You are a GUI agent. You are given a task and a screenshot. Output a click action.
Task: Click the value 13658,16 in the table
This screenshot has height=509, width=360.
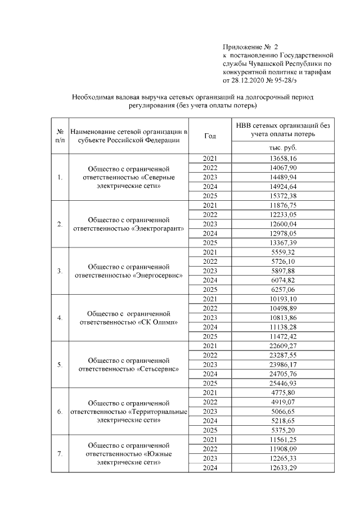[283, 159]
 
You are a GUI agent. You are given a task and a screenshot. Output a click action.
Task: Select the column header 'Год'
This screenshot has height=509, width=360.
[210, 136]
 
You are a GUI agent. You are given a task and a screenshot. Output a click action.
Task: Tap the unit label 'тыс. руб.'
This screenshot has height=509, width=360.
[283, 147]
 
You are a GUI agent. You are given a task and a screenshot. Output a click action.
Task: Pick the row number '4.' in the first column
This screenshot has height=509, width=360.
[60, 318]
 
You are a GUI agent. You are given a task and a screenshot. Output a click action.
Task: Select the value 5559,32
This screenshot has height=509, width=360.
[283, 253]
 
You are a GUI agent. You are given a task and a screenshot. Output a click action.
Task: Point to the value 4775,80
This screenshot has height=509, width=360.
[283, 393]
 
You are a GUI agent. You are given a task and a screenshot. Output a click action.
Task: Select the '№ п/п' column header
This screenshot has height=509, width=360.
[60, 136]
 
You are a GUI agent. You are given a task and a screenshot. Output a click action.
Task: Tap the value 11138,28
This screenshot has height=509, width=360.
[283, 327]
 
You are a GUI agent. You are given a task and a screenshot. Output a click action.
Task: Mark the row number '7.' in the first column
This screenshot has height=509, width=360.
[60, 453]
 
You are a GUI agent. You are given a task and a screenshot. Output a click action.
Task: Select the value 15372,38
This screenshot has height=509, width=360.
[283, 196]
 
